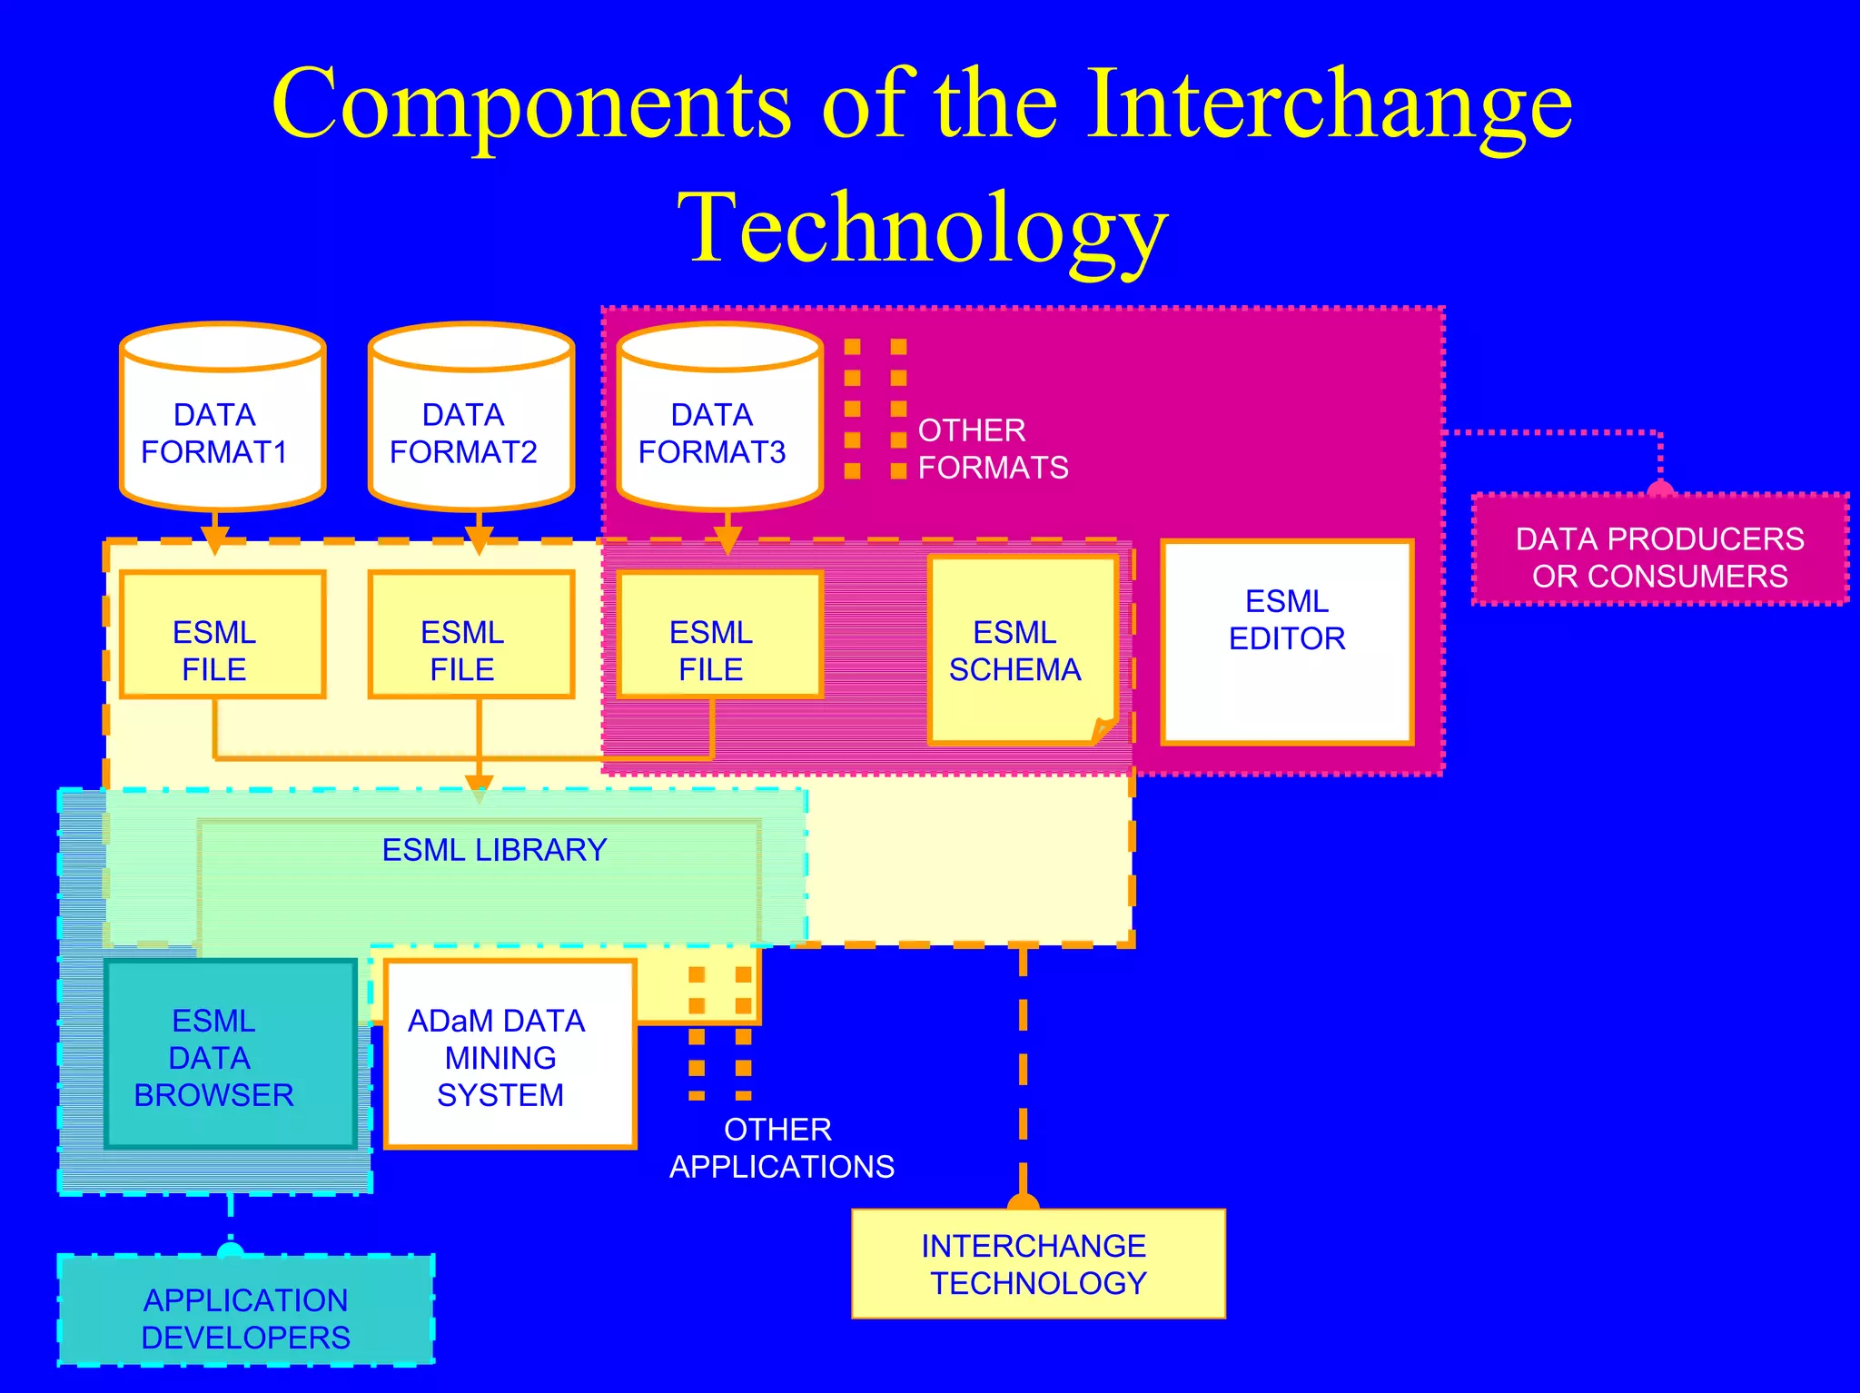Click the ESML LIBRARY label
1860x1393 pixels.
pos(494,850)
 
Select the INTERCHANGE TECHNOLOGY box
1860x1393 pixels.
pos(1038,1264)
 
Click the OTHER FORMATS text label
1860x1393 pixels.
pos(993,449)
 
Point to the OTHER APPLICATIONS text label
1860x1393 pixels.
pos(781,1148)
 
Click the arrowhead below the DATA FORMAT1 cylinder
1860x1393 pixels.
pos(214,539)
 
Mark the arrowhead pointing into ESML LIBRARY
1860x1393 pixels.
pos(479,786)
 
